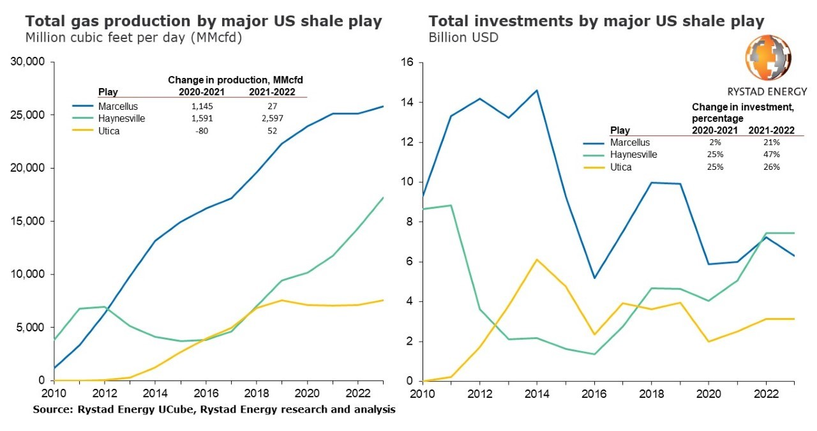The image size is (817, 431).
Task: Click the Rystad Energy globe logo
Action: (x=768, y=58)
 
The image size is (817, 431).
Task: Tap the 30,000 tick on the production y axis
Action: (x=28, y=62)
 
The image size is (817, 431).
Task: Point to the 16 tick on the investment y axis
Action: (x=408, y=63)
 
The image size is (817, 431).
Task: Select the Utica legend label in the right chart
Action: (x=622, y=167)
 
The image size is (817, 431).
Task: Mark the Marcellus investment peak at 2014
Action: (x=536, y=90)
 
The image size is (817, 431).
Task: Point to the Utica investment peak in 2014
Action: (x=536, y=259)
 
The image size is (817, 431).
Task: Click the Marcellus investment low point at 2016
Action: (x=595, y=278)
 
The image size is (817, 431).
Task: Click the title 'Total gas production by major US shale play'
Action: (x=204, y=21)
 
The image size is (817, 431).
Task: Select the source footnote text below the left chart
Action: (x=214, y=409)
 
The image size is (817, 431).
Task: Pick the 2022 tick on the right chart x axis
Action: (x=767, y=392)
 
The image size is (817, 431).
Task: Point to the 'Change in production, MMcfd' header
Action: (x=235, y=80)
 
